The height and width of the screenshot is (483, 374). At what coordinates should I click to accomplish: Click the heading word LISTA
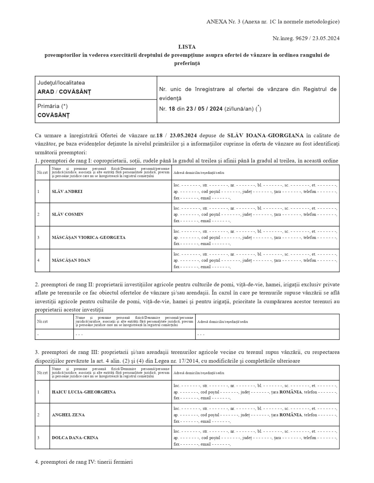(187, 47)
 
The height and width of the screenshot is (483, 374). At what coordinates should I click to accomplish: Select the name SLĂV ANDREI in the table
(67, 191)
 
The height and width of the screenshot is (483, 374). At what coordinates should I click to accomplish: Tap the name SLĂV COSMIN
(67, 214)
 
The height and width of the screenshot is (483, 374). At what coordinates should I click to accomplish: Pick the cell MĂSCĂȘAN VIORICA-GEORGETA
(88, 237)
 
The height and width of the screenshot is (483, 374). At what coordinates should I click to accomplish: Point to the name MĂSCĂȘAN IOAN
(71, 260)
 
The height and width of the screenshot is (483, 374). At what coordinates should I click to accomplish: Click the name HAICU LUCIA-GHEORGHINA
(84, 392)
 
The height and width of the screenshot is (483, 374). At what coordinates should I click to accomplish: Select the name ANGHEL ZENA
(68, 415)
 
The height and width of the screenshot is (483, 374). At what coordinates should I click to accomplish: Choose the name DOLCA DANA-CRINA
(75, 437)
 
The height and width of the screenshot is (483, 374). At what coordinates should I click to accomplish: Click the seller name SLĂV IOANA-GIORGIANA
(265, 135)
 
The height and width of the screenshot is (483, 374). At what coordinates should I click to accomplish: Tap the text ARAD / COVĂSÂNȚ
(64, 92)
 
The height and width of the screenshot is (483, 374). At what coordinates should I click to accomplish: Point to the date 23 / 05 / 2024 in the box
(204, 109)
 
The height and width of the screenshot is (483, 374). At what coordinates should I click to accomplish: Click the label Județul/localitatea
(61, 83)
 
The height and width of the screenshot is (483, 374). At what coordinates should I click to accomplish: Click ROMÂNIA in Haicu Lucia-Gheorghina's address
(291, 392)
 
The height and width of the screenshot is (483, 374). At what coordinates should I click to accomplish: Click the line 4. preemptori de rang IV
(84, 462)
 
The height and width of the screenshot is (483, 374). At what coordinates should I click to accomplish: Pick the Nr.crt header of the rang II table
(43, 322)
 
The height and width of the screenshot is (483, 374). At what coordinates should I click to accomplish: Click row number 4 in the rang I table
(39, 260)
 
